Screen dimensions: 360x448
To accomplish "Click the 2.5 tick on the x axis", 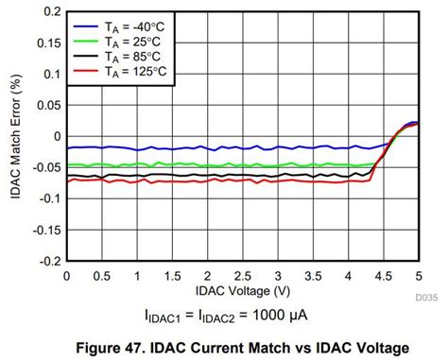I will (243, 275).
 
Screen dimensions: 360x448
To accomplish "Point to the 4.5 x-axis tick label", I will (384, 275).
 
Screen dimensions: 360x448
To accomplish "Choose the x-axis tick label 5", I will (419, 275).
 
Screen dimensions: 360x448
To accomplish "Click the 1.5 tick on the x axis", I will (172, 275).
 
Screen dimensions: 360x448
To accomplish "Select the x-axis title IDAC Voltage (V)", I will (243, 288).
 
